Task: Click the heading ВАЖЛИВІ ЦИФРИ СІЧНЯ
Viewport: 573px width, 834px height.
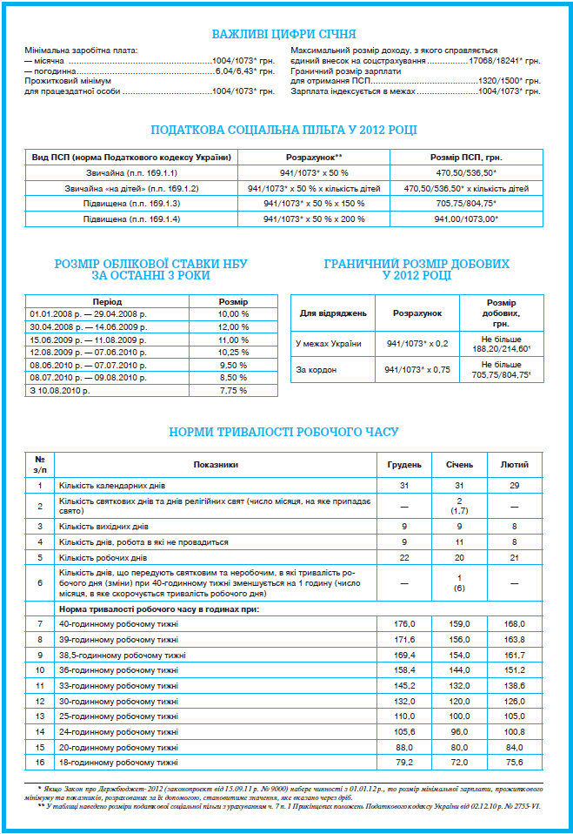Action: [x=284, y=34]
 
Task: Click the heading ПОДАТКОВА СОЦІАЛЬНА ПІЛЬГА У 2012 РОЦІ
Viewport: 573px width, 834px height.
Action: [x=284, y=130]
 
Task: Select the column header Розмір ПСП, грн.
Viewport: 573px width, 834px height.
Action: [x=466, y=157]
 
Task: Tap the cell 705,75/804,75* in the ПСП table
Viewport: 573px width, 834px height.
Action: [x=466, y=204]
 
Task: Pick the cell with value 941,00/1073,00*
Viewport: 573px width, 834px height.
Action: [x=466, y=219]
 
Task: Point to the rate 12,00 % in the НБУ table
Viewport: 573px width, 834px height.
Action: [x=233, y=326]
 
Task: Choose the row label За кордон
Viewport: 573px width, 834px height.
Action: [x=316, y=370]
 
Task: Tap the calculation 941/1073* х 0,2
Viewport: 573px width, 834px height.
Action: [x=416, y=343]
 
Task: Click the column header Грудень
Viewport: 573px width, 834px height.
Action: [x=404, y=465]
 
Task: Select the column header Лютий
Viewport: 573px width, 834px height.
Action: [x=514, y=465]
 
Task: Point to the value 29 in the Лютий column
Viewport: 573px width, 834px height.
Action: [x=514, y=485]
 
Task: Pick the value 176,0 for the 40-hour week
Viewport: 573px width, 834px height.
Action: [x=404, y=624]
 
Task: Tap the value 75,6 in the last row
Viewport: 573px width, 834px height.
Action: [x=514, y=763]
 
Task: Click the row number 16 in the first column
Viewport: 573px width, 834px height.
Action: [x=40, y=763]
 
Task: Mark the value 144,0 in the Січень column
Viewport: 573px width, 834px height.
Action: [x=459, y=670]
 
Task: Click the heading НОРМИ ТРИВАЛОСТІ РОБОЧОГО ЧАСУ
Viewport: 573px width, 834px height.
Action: [x=284, y=432]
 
